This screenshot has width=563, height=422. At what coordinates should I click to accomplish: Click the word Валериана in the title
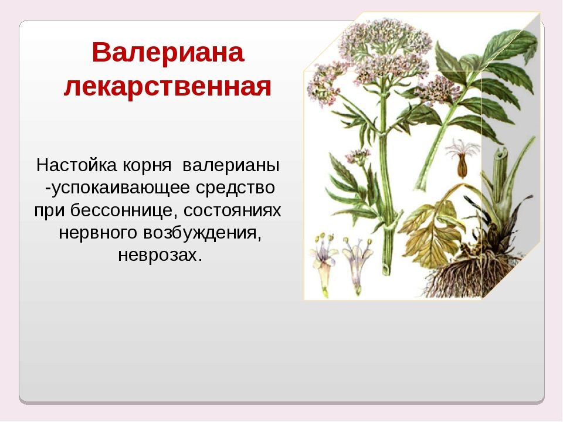(168, 52)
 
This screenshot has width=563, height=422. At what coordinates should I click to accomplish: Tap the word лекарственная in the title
(168, 87)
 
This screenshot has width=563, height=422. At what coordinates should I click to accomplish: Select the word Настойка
(76, 165)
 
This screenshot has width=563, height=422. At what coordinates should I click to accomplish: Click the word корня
(147, 166)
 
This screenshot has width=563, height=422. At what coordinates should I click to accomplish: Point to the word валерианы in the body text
(231, 166)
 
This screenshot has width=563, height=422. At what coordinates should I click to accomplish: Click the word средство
(235, 188)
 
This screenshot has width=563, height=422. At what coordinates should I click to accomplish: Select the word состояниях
(232, 210)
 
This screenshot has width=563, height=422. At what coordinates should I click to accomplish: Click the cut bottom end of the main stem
(386, 269)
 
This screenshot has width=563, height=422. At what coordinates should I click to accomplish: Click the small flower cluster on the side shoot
(358, 156)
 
